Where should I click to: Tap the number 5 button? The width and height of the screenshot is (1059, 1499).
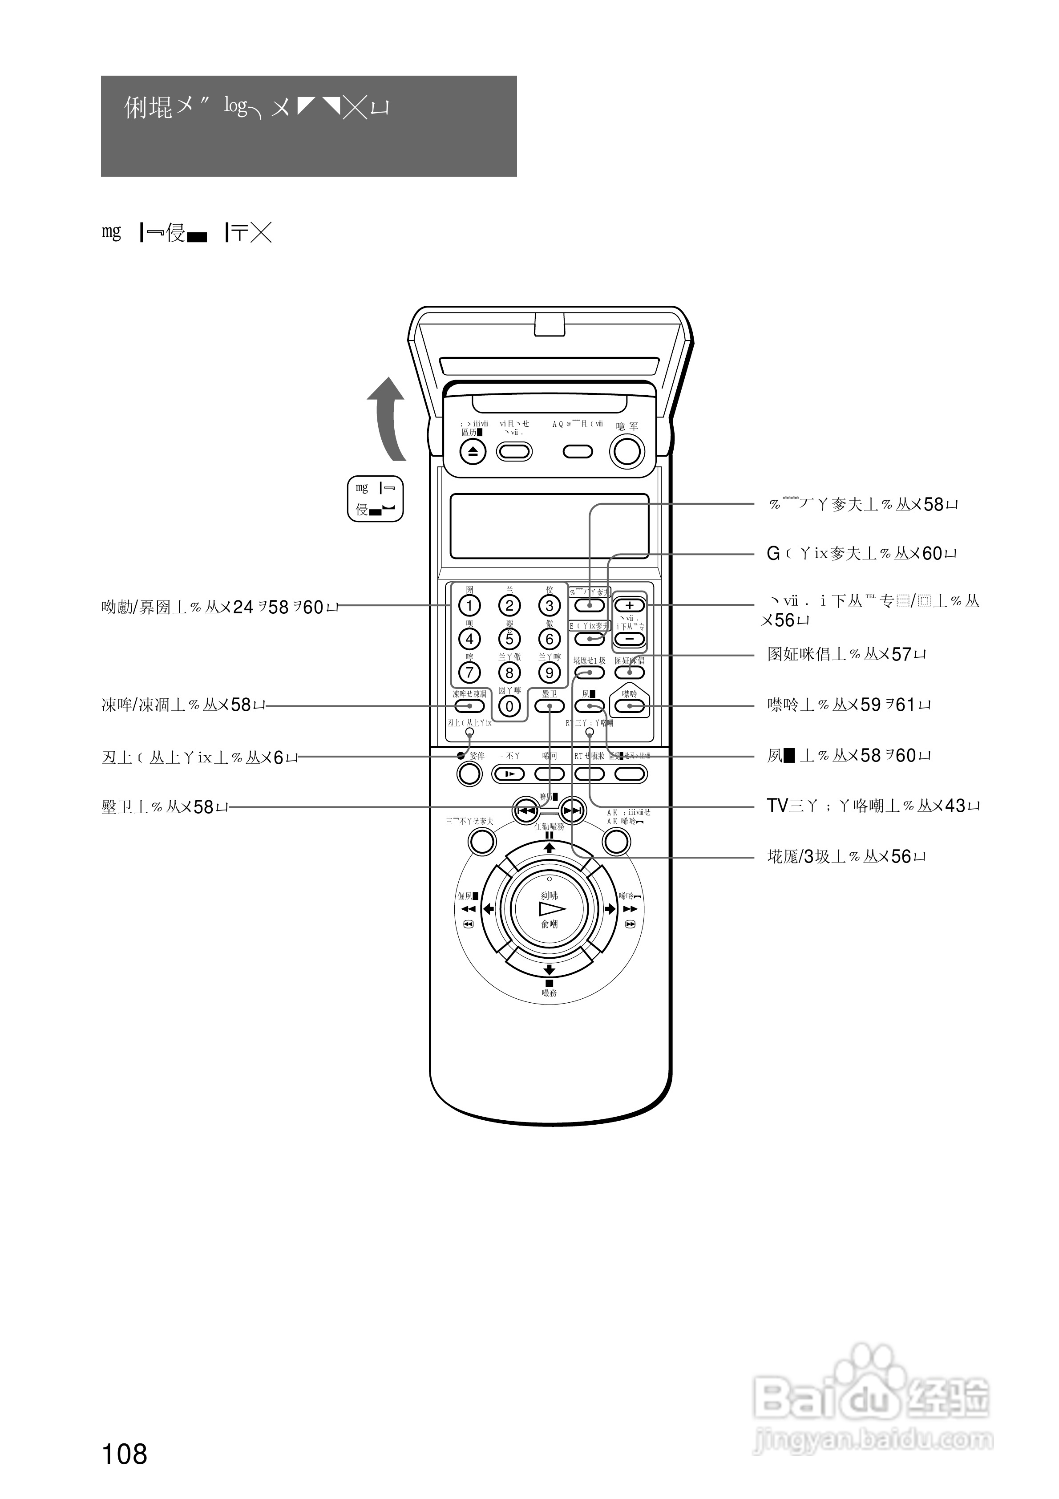click(x=509, y=639)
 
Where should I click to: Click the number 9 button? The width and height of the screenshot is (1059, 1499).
click(x=549, y=673)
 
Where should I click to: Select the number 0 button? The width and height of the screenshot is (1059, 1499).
click(x=509, y=706)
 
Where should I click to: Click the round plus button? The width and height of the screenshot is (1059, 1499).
click(x=630, y=605)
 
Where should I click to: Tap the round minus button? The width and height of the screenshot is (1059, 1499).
click(x=630, y=639)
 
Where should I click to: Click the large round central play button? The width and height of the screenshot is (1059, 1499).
click(x=549, y=909)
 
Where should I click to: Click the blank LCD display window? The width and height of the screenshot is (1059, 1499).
click(x=549, y=526)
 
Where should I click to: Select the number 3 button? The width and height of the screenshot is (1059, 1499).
click(x=549, y=605)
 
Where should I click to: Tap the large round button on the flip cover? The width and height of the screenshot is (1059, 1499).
click(x=626, y=451)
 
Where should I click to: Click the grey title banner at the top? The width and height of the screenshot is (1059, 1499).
click(x=309, y=126)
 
